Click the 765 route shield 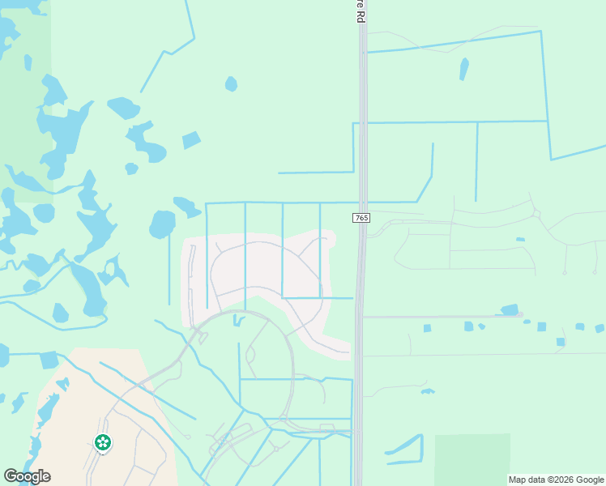[361, 219]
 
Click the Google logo [27, 476]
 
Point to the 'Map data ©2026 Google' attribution [556, 480]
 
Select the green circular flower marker [103, 442]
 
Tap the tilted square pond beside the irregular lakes [191, 140]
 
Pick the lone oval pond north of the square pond [231, 83]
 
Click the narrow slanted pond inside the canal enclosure [463, 68]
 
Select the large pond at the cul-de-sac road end [510, 309]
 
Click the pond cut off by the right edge [600, 328]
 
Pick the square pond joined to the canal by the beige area [49, 360]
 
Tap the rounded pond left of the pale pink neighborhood [162, 224]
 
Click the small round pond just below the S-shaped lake [131, 168]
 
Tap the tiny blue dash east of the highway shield [520, 239]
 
